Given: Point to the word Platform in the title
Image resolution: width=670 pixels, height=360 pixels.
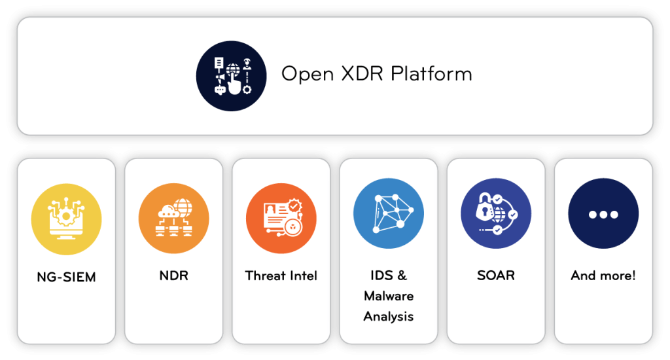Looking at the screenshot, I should tap(432, 73).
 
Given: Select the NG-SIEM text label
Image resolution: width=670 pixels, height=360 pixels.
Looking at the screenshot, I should tap(66, 277).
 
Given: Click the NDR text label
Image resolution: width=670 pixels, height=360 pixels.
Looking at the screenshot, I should tap(173, 276).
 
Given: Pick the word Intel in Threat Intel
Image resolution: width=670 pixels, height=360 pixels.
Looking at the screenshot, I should tap(303, 276).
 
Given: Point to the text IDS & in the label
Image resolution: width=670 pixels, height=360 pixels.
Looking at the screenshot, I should tap(388, 276).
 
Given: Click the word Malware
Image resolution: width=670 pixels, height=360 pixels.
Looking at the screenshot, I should tap(388, 296).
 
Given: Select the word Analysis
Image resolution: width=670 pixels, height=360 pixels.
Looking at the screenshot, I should tap(388, 317).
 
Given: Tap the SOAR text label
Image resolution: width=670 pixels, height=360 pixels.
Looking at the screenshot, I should tap(495, 276).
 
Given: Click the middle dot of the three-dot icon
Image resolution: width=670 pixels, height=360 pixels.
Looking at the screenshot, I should tap(603, 215).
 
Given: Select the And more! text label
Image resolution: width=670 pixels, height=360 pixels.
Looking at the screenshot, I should tap(603, 276).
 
